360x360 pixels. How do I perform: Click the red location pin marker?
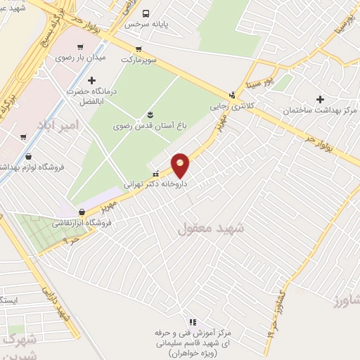181,165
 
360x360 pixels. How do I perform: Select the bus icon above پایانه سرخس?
146,13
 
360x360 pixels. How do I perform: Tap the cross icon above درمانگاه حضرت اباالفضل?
91,81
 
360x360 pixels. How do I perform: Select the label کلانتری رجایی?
229,107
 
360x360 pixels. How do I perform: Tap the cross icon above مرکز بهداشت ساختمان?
321,99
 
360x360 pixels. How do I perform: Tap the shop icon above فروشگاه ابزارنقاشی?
82,211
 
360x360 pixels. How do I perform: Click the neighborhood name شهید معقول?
210,229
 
